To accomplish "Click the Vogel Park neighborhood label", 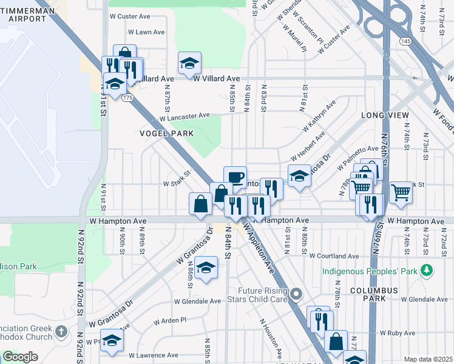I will coord(166,133).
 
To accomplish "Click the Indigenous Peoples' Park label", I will coord(370,270).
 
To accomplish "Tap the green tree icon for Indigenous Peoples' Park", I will coord(427,269).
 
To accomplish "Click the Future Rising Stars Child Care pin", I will coord(296,295).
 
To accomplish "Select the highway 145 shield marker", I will coord(405,40).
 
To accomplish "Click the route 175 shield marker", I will coord(127,97).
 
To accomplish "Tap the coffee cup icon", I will coord(235,177).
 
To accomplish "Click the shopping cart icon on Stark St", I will coord(401,193).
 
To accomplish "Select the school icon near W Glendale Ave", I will coord(206,268).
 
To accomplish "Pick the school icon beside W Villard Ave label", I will coord(189,63).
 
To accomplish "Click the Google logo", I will coord(20,357).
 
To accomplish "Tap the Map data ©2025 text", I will coord(428,359).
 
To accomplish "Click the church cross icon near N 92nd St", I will coord(61,331).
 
